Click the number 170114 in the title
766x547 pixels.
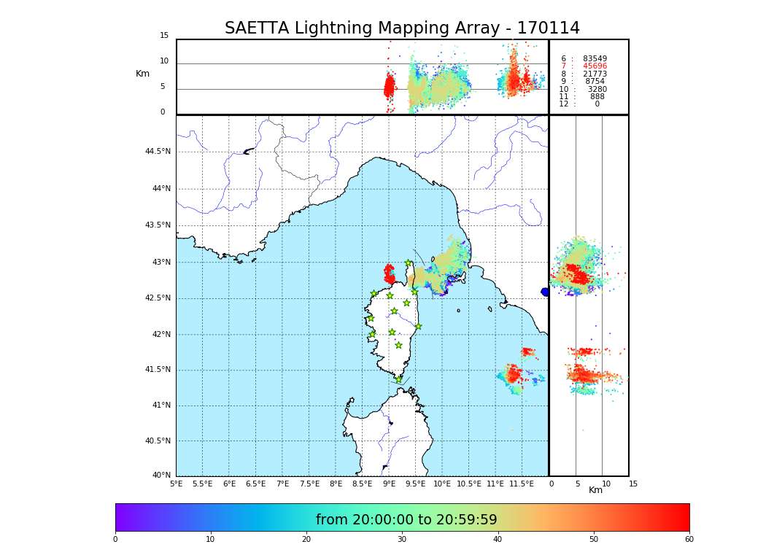click(548, 28)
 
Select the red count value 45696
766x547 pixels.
click(595, 66)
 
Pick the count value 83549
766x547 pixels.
click(595, 58)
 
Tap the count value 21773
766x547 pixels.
click(595, 74)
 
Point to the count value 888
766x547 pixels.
click(597, 96)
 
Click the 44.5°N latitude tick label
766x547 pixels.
click(158, 152)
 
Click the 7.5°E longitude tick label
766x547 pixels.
click(309, 484)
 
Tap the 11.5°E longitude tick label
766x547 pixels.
click(522, 484)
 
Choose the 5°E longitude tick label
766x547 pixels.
click(176, 484)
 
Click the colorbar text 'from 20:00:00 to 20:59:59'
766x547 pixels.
click(406, 520)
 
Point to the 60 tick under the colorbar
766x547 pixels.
click(689, 540)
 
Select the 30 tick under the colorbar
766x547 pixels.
click(402, 540)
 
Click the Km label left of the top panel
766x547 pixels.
click(142, 74)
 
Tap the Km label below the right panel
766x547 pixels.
click(595, 490)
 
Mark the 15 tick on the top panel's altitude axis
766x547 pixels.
click(164, 36)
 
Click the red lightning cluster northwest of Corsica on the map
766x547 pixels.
click(390, 273)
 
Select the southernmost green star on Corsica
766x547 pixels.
click(398, 379)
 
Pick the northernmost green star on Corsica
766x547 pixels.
click(409, 263)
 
